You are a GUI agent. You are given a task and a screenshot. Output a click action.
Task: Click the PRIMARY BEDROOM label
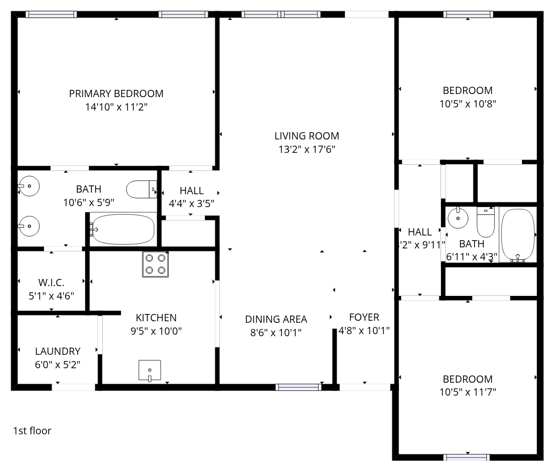(116, 93)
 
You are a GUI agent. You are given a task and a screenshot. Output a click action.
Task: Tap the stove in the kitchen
(155, 264)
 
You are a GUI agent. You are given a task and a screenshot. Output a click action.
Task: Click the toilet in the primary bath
(141, 190)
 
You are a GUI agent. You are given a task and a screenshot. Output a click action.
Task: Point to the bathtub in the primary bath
(123, 229)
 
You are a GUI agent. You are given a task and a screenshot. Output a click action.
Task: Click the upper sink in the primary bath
(28, 186)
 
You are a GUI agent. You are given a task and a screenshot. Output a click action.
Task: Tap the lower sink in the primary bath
(28, 226)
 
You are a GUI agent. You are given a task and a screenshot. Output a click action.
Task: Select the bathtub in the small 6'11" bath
(518, 235)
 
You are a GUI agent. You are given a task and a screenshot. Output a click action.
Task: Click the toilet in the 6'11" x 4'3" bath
(486, 222)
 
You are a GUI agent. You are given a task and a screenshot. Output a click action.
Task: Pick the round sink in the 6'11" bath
(458, 217)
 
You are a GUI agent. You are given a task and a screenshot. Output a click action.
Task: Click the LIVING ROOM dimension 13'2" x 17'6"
(307, 149)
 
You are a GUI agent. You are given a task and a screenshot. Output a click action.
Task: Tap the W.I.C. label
(51, 282)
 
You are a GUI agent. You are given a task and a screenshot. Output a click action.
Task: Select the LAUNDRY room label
(58, 351)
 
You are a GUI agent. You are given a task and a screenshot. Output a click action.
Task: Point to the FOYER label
(364, 317)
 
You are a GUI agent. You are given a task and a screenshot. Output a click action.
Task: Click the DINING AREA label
(276, 319)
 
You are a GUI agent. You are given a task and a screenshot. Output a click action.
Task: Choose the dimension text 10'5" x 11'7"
(468, 392)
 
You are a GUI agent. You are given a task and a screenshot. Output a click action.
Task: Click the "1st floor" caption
(32, 431)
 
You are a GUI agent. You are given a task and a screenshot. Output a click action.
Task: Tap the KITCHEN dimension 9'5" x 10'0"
(156, 331)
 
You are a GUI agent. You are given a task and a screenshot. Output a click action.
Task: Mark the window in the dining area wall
(298, 387)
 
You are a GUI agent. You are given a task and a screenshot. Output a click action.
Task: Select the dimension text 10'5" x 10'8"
(468, 104)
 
